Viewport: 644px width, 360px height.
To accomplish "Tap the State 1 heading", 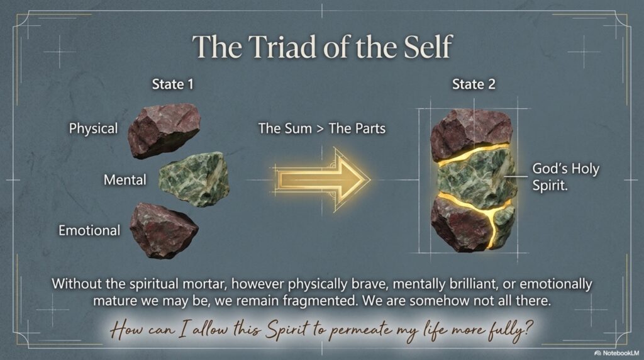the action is coord(172,84).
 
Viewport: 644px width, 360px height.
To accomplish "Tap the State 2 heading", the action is coord(474,84).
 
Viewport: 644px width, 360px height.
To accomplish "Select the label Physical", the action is coord(93,128).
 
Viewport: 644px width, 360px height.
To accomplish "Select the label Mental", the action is coord(125,179).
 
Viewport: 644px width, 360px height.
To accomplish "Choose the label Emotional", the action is coord(89,230).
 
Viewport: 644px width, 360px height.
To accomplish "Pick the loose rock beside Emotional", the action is coord(164,230).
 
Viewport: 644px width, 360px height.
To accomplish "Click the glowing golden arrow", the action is coord(323,179).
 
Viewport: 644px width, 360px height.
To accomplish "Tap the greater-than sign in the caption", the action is coord(320,129).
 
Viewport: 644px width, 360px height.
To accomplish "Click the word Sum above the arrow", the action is coord(297,128).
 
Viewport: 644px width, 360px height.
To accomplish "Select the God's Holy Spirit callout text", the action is coord(565,177).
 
